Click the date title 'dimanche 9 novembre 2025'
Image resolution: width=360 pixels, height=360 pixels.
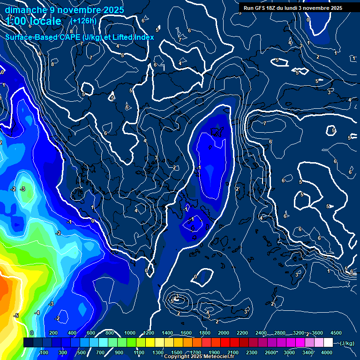[64, 10]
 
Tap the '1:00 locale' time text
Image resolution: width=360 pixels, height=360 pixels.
[34, 22]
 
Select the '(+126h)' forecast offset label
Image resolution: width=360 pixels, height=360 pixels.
[83, 21]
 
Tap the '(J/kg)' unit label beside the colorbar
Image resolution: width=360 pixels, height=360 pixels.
[347, 343]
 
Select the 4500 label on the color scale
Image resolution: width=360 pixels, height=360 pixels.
[336, 333]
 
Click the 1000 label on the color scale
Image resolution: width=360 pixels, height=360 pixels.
[130, 333]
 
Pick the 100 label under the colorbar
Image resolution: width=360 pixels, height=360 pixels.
[44, 352]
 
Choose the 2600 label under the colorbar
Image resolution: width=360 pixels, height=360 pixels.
[270, 352]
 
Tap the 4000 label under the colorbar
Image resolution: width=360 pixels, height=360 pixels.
[327, 352]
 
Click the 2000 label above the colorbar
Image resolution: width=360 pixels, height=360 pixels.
[224, 333]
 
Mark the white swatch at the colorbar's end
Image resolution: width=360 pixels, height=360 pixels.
[328, 343]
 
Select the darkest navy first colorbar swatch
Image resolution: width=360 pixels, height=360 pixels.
[28, 343]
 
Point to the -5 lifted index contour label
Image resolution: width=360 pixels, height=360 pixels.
[16, 316]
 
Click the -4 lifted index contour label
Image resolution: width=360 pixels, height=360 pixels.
[37, 313]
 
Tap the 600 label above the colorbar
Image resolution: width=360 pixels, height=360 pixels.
[91, 333]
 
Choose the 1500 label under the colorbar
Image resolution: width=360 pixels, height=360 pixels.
[177, 352]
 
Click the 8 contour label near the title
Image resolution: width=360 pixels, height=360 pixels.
[71, 32]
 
